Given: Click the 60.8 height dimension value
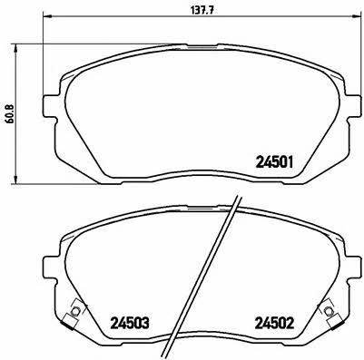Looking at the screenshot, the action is pyautogui.click(x=10, y=113).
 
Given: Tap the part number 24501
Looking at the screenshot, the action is pyautogui.click(x=275, y=162).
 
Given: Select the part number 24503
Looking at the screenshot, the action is pyautogui.click(x=130, y=324).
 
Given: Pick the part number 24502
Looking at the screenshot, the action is pyautogui.click(x=275, y=324).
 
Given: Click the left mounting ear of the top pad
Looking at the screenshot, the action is pyautogui.click(x=50, y=106).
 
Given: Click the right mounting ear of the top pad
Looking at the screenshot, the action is pyautogui.click(x=354, y=106).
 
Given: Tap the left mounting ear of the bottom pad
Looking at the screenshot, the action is pyautogui.click(x=50, y=268).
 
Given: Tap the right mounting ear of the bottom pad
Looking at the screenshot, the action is pyautogui.click(x=354, y=268).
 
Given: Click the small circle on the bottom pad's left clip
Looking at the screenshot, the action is pyautogui.click(x=75, y=311).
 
